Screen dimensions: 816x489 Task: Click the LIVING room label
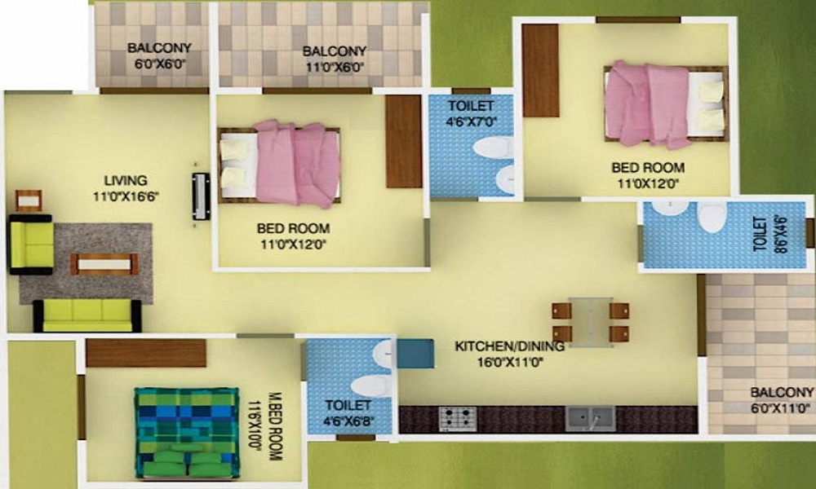pyautogui.click(x=126, y=181)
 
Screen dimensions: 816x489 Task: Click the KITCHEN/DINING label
pyautogui.click(x=509, y=346)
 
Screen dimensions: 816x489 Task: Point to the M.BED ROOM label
pyautogui.click(x=275, y=426)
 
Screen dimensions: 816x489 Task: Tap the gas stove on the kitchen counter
pyautogui.click(x=458, y=419)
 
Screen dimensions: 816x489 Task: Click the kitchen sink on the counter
pyautogui.click(x=590, y=418)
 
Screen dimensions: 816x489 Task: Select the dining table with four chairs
pyautogui.click(x=591, y=322)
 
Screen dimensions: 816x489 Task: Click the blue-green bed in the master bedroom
pyautogui.click(x=186, y=432)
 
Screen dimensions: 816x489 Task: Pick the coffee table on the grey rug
pyautogui.click(x=104, y=264)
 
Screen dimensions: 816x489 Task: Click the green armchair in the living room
pyautogui.click(x=31, y=244)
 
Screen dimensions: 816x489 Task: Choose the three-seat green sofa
pyautogui.click(x=87, y=315)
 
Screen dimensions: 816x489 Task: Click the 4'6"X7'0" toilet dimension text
pyautogui.click(x=471, y=122)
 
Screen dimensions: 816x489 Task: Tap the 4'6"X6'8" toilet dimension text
pyautogui.click(x=348, y=421)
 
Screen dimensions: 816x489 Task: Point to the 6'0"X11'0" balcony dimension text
pyautogui.click(x=781, y=408)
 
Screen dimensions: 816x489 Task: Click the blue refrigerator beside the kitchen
pyautogui.click(x=415, y=354)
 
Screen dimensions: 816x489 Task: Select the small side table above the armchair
pyautogui.click(x=29, y=200)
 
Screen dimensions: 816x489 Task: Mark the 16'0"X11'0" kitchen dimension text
pyautogui.click(x=510, y=362)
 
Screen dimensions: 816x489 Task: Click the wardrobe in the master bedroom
pyautogui.click(x=146, y=354)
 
